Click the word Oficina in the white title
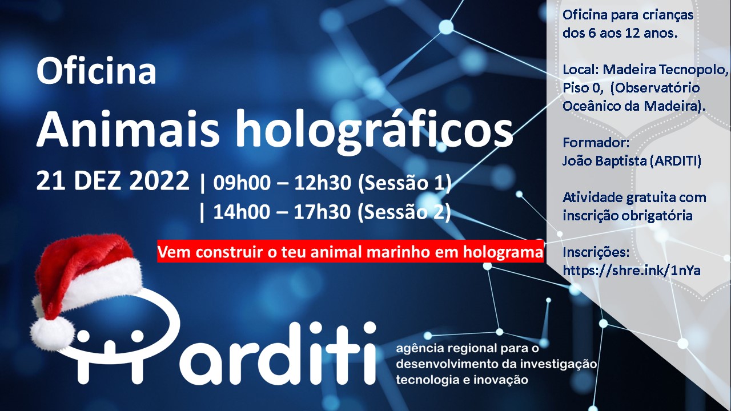click(97, 71)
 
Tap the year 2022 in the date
click(159, 180)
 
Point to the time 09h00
click(242, 183)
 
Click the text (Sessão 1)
click(405, 183)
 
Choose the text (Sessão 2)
click(404, 212)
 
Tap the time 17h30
click(322, 212)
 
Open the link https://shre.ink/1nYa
click(632, 271)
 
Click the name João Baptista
click(604, 161)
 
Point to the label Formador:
click(596, 143)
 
